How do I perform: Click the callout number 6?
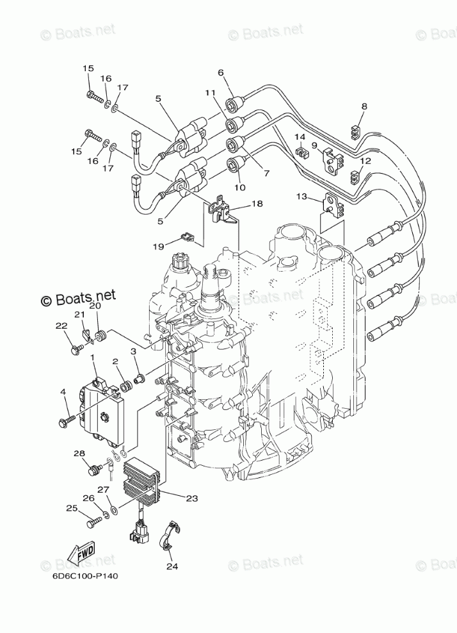(x=221, y=72)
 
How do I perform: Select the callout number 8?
(x=364, y=106)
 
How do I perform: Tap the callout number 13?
(x=301, y=196)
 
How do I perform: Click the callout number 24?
(x=171, y=566)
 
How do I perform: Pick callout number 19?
(x=157, y=245)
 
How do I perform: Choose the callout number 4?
(x=63, y=391)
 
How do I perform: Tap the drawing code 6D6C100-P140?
(x=85, y=575)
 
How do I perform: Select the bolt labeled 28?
(x=95, y=471)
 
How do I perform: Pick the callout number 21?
(x=79, y=314)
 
